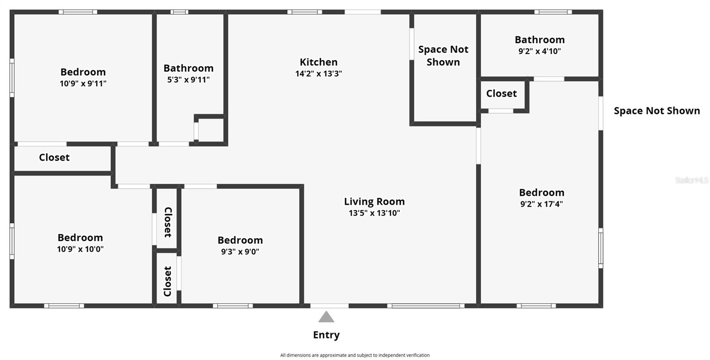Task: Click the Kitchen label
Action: (319, 62)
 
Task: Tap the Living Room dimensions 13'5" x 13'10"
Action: (374, 213)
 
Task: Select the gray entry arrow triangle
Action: (326, 317)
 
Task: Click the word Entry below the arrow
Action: (326, 335)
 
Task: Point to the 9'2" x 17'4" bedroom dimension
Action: (541, 204)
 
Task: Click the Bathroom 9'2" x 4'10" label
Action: (540, 40)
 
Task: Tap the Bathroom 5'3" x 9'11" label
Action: (189, 68)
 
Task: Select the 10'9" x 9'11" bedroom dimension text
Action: (83, 83)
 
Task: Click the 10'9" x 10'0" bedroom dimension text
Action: (80, 249)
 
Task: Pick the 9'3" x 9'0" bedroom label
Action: (240, 240)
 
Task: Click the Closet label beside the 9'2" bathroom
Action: (501, 94)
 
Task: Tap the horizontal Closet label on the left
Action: (54, 158)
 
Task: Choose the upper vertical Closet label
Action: (168, 222)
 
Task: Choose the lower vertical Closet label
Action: (168, 281)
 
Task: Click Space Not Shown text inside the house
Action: (443, 56)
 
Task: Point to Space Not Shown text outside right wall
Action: (657, 111)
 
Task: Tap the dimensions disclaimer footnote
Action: (355, 355)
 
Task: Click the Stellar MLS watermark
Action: (691, 180)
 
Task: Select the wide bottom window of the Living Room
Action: (426, 306)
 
